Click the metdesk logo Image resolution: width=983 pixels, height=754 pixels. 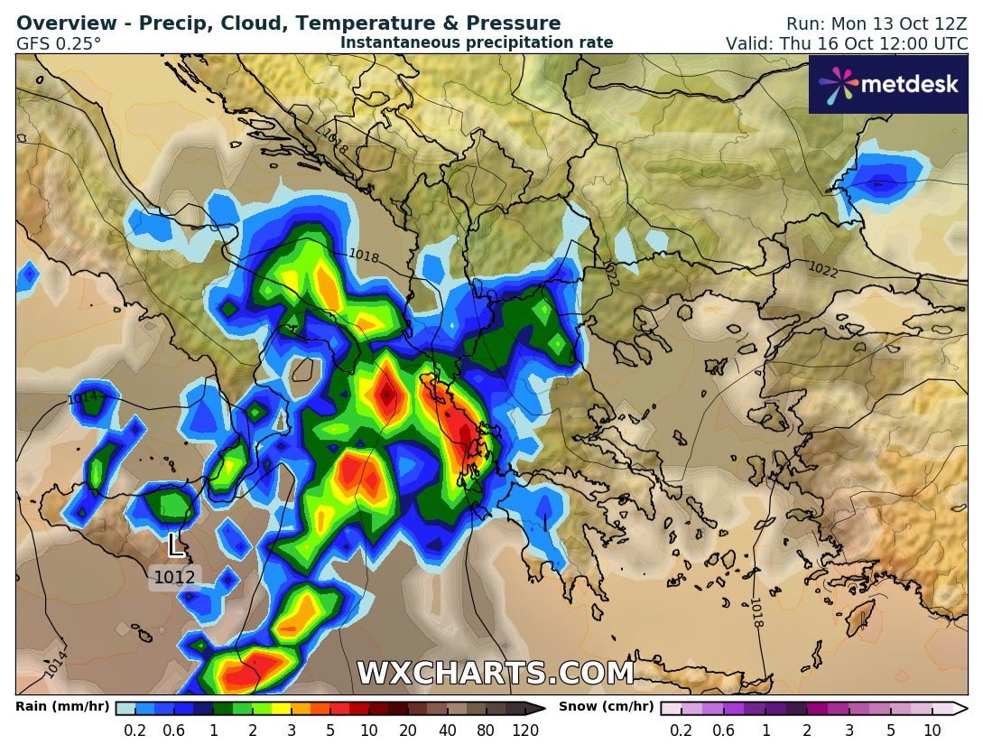887,85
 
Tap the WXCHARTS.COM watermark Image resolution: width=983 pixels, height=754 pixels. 496,674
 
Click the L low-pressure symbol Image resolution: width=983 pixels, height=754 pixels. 176,545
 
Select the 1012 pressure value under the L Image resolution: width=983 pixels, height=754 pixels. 174,577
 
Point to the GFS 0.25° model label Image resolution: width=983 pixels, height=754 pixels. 59,42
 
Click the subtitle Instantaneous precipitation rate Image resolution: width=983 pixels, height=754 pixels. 477,42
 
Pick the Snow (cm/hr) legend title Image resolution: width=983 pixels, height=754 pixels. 606,707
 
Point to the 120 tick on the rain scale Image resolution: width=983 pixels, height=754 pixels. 525,731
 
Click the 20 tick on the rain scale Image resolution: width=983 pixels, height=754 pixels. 408,731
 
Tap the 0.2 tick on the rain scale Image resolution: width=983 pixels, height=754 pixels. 135,731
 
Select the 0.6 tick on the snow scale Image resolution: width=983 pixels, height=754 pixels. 723,731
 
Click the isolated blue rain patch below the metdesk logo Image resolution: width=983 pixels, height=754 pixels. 883,176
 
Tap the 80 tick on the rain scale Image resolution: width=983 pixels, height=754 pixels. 487,731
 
